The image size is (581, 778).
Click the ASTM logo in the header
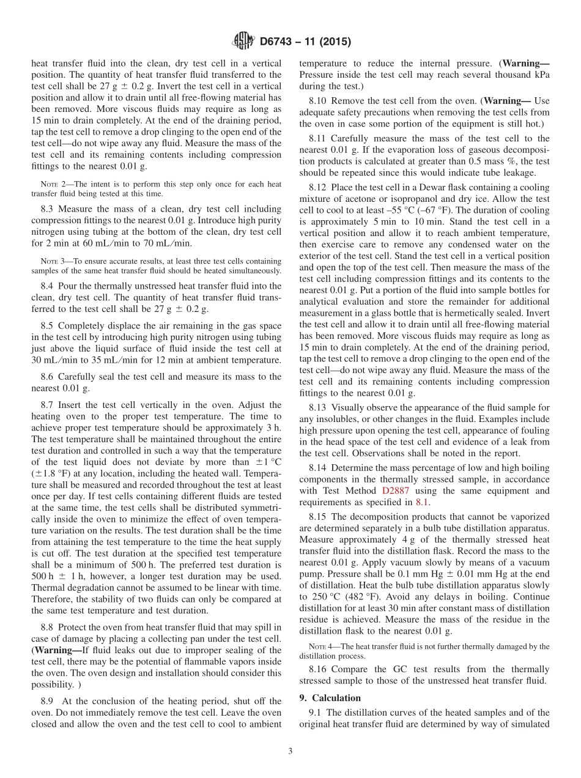(243, 42)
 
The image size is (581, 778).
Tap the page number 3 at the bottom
(290, 752)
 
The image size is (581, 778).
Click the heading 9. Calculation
(330, 698)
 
